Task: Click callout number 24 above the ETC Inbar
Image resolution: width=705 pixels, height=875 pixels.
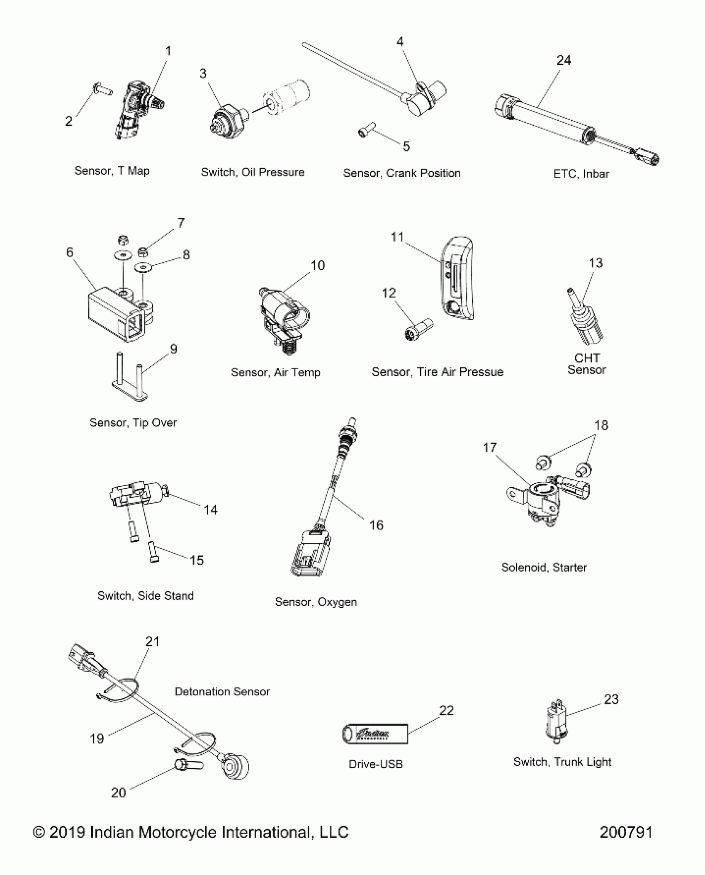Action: (564, 61)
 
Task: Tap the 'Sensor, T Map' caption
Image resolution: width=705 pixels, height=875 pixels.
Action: (112, 171)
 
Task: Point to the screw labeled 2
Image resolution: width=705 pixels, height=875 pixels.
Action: (102, 89)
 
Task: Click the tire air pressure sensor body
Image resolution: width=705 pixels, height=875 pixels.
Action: (457, 282)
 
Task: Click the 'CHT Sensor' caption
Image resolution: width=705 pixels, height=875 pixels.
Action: (586, 364)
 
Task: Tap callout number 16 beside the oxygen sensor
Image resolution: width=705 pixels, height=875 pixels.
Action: (376, 525)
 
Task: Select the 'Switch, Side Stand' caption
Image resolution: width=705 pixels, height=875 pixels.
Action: (146, 596)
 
